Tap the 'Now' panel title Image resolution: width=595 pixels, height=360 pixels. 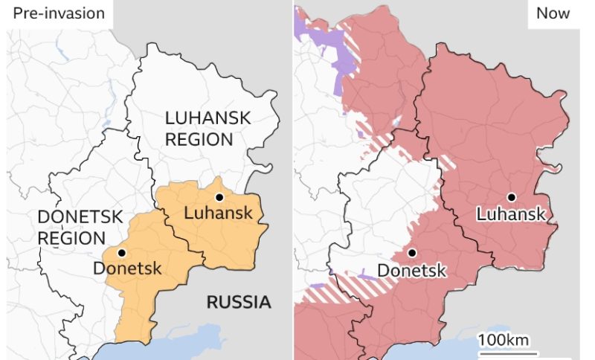click(553, 13)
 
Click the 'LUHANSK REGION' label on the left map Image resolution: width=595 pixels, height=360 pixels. click(208, 128)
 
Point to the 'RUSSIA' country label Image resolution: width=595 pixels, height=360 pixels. click(238, 302)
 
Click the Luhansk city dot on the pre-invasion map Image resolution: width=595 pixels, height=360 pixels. click(219, 197)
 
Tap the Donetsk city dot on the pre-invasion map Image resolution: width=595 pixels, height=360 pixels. click(121, 253)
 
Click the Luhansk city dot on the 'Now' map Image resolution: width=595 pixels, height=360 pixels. click(512, 197)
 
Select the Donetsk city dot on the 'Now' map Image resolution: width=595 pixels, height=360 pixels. click(412, 253)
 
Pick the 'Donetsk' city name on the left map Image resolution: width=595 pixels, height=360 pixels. click(126, 269)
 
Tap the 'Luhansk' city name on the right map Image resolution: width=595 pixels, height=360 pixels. click(512, 215)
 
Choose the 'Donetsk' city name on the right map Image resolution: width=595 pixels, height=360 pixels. click(412, 270)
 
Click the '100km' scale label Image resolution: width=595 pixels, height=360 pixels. click(504, 340)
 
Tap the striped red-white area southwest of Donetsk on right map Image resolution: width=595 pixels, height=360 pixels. click(350, 286)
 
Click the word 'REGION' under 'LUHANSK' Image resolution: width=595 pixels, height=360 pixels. click(199, 139)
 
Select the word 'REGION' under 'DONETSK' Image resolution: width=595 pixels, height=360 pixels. click(71, 238)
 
